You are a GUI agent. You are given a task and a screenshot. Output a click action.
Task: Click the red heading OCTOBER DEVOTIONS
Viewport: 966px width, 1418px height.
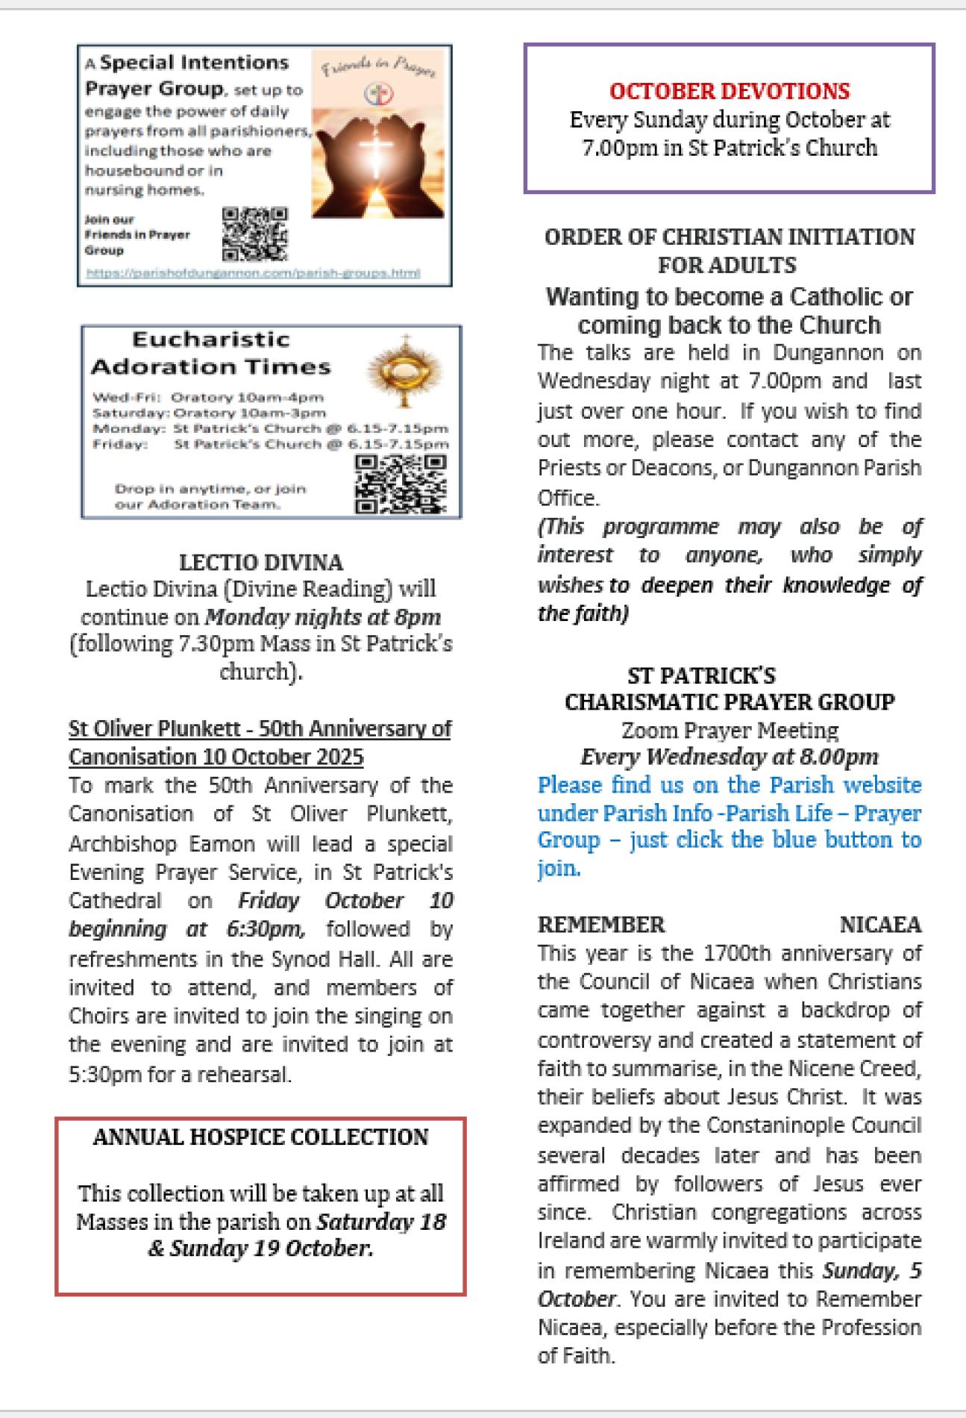coord(729,91)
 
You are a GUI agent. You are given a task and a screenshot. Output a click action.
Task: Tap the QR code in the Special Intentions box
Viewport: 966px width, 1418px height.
coord(255,233)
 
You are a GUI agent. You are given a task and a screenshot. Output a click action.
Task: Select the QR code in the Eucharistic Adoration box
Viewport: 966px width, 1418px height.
coord(401,484)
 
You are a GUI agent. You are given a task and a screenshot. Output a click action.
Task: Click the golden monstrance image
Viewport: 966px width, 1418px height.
coord(405,371)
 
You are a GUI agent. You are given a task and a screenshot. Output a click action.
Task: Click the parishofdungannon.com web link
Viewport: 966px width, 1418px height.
coord(253,273)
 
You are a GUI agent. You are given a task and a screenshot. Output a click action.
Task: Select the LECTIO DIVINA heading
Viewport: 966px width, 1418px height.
coord(260,562)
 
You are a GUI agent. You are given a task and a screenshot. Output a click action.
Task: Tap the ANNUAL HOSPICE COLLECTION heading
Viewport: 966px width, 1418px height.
coord(260,1137)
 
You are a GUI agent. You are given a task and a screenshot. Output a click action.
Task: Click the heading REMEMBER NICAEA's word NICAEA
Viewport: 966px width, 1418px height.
coord(880,925)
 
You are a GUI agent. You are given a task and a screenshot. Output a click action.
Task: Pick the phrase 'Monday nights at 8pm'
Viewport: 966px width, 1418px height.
coord(322,617)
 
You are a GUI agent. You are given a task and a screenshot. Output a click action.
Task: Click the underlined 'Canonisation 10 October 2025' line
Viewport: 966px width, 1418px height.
coord(216,757)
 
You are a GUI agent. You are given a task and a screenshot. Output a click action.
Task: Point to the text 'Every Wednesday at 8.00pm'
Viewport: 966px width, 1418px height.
coord(729,757)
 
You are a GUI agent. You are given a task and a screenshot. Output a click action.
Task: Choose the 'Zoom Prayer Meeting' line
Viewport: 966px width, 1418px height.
coord(729,729)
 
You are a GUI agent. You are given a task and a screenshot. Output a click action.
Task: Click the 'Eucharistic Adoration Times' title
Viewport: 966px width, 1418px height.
coord(210,353)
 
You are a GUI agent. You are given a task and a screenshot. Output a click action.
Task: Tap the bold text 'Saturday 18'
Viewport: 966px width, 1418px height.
coord(381,1222)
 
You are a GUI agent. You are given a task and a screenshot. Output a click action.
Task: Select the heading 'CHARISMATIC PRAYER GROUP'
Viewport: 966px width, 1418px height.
coord(729,702)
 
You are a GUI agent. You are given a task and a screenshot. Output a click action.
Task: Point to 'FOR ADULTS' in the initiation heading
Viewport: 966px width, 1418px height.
coord(727,265)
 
